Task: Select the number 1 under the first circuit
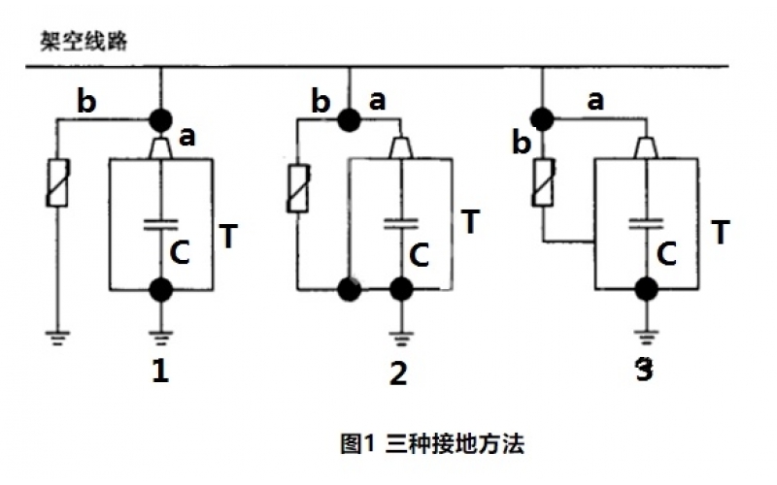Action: click(160, 372)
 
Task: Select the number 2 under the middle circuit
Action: click(398, 373)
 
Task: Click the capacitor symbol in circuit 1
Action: click(160, 224)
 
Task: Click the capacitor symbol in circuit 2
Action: click(399, 222)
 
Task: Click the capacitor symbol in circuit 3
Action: click(642, 222)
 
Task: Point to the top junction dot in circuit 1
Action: click(160, 119)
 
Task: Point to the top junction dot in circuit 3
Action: click(543, 118)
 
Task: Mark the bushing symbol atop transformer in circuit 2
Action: click(399, 147)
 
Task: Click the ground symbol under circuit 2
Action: click(399, 339)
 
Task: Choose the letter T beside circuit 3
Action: click(721, 233)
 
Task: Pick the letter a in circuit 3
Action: click(595, 100)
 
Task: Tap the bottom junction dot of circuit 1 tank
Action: click(160, 289)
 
